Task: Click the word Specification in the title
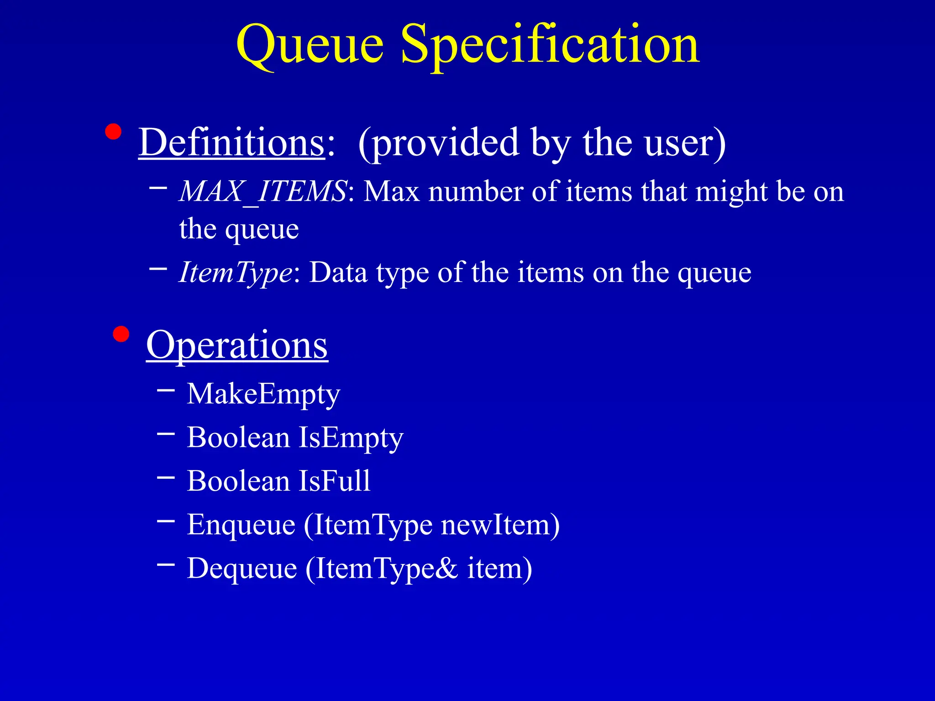pos(550,46)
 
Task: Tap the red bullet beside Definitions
pos(113,132)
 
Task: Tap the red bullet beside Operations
pos(121,334)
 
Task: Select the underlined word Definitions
pos(231,143)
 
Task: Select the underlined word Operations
pos(237,345)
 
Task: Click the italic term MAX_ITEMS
pos(263,192)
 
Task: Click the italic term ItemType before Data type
pos(236,273)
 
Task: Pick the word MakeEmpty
pos(263,394)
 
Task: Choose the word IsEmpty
pos(351,438)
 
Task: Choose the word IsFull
pos(335,481)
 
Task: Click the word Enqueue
pos(241,525)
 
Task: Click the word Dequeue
pos(242,569)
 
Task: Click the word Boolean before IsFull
pos(238,481)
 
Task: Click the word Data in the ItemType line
pos(338,273)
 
